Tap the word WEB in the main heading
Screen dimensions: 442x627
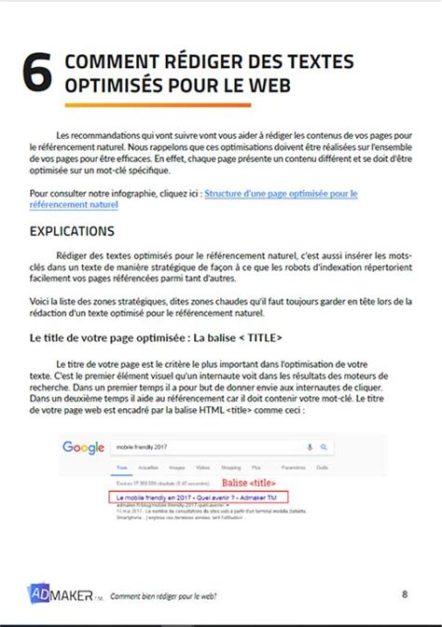click(267, 86)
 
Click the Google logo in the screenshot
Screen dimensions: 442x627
click(83, 447)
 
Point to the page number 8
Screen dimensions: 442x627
click(405, 593)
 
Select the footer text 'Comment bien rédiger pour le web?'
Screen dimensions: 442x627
click(164, 596)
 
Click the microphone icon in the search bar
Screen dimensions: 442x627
click(311, 447)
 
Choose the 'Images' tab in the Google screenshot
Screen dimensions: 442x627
click(177, 467)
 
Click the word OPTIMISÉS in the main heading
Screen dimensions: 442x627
click(111, 86)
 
